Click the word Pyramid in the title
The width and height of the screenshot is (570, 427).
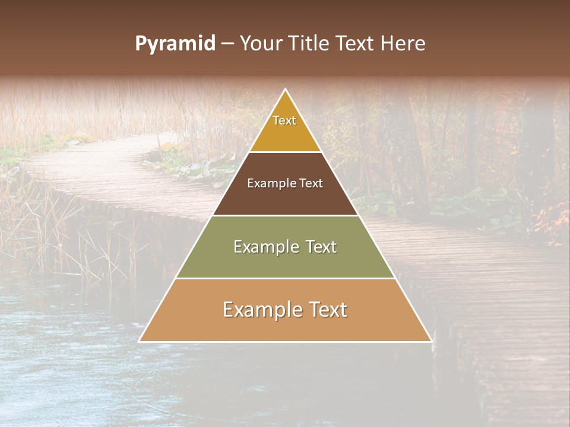175,44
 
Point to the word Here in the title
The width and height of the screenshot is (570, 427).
403,44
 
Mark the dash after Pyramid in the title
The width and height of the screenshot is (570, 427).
227,44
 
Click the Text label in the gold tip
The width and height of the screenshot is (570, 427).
284,120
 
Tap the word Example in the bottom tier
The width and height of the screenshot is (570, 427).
261,310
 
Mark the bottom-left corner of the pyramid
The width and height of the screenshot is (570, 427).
140,341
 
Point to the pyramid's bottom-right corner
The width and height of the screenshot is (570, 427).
431,341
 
